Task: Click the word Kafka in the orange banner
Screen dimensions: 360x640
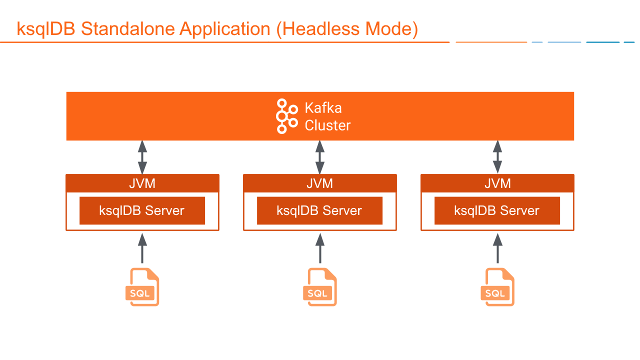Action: [x=323, y=108]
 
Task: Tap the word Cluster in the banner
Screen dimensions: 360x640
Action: [x=327, y=125]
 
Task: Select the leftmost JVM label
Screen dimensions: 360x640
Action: [x=142, y=183]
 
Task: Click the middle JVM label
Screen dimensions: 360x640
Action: [x=320, y=183]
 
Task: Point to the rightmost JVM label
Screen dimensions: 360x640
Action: [x=497, y=183]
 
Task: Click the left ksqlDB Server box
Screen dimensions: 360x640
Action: [x=142, y=210]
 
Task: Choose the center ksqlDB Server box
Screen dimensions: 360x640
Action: [x=320, y=210]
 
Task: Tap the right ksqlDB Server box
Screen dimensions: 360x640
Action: [x=497, y=210]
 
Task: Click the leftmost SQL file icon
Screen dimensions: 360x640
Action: [x=142, y=287]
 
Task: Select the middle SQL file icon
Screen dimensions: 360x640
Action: [x=319, y=287]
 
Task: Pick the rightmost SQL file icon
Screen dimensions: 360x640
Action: [x=497, y=287]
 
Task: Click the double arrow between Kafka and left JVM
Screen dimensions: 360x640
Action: [x=142, y=157]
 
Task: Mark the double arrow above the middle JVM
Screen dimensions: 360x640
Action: [x=320, y=157]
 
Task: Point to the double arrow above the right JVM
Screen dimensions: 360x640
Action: [x=497, y=157]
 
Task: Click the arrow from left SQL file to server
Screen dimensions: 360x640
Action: [x=142, y=247]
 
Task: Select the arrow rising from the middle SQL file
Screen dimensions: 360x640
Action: [x=320, y=247]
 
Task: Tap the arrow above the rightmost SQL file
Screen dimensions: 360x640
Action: [x=497, y=247]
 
